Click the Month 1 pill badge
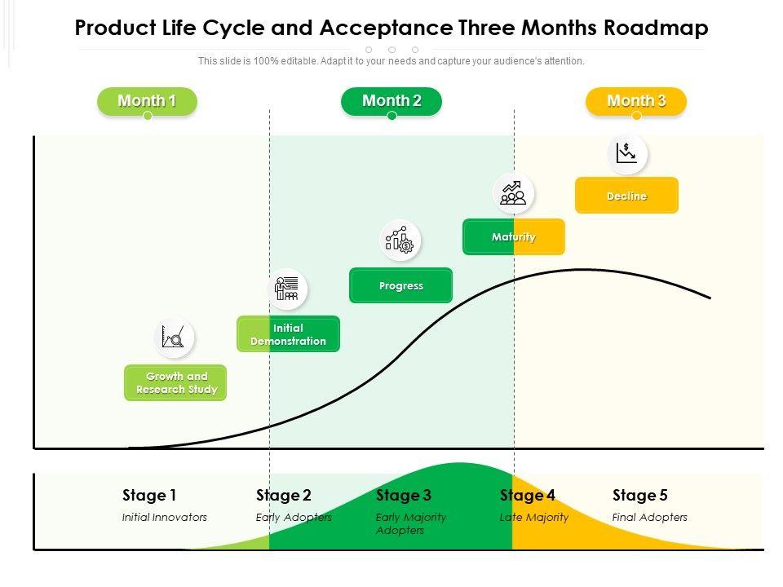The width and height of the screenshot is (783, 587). pos(147,101)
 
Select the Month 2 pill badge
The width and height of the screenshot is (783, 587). pos(391,101)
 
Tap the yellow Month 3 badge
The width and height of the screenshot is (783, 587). pos(636,101)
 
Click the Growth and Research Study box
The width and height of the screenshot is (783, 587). pos(176,383)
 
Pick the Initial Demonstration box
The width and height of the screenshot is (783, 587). pos(288,334)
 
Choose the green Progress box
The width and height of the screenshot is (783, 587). pos(400,286)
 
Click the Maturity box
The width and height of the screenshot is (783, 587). pos(514,237)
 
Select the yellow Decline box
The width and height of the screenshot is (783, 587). pos(626,196)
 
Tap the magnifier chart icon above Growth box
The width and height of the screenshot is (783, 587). pos(174,337)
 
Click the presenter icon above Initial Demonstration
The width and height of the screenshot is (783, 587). pos(287,289)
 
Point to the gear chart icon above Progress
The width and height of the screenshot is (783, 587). pos(400,240)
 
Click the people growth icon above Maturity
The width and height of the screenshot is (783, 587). pos(513,193)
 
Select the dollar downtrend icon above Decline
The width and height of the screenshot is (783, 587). pos(626,153)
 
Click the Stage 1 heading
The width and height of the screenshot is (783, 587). pos(149,495)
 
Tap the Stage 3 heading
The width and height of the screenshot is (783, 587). pos(404,495)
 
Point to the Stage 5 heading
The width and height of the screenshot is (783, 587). pos(640,495)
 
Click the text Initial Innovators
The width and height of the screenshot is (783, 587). pos(165,517)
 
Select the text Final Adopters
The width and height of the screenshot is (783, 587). pos(649,517)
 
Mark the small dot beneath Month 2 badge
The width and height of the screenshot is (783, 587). pos(391,116)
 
